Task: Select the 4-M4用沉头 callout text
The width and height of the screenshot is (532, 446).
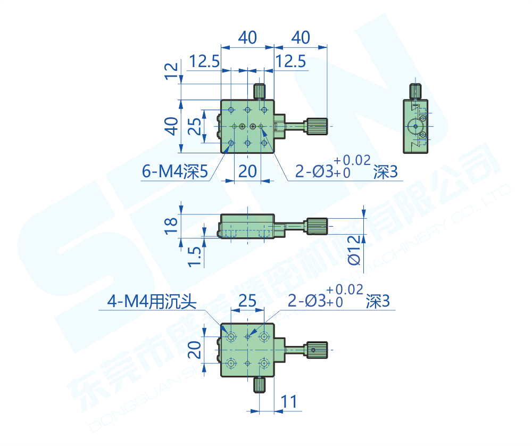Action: coord(152,302)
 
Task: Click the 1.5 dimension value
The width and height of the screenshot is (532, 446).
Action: coord(195,256)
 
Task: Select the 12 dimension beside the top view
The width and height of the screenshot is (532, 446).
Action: coord(171,70)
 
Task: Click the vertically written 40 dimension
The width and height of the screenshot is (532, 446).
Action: coord(171,126)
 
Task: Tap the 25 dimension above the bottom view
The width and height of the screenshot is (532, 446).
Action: coord(247,301)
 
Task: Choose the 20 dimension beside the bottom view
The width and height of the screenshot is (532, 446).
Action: coord(195,350)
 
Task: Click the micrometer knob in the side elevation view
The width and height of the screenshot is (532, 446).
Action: coord(317,226)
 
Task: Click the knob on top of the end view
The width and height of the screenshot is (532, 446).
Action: coord(415,92)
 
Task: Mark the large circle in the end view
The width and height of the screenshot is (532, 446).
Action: coord(414,127)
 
